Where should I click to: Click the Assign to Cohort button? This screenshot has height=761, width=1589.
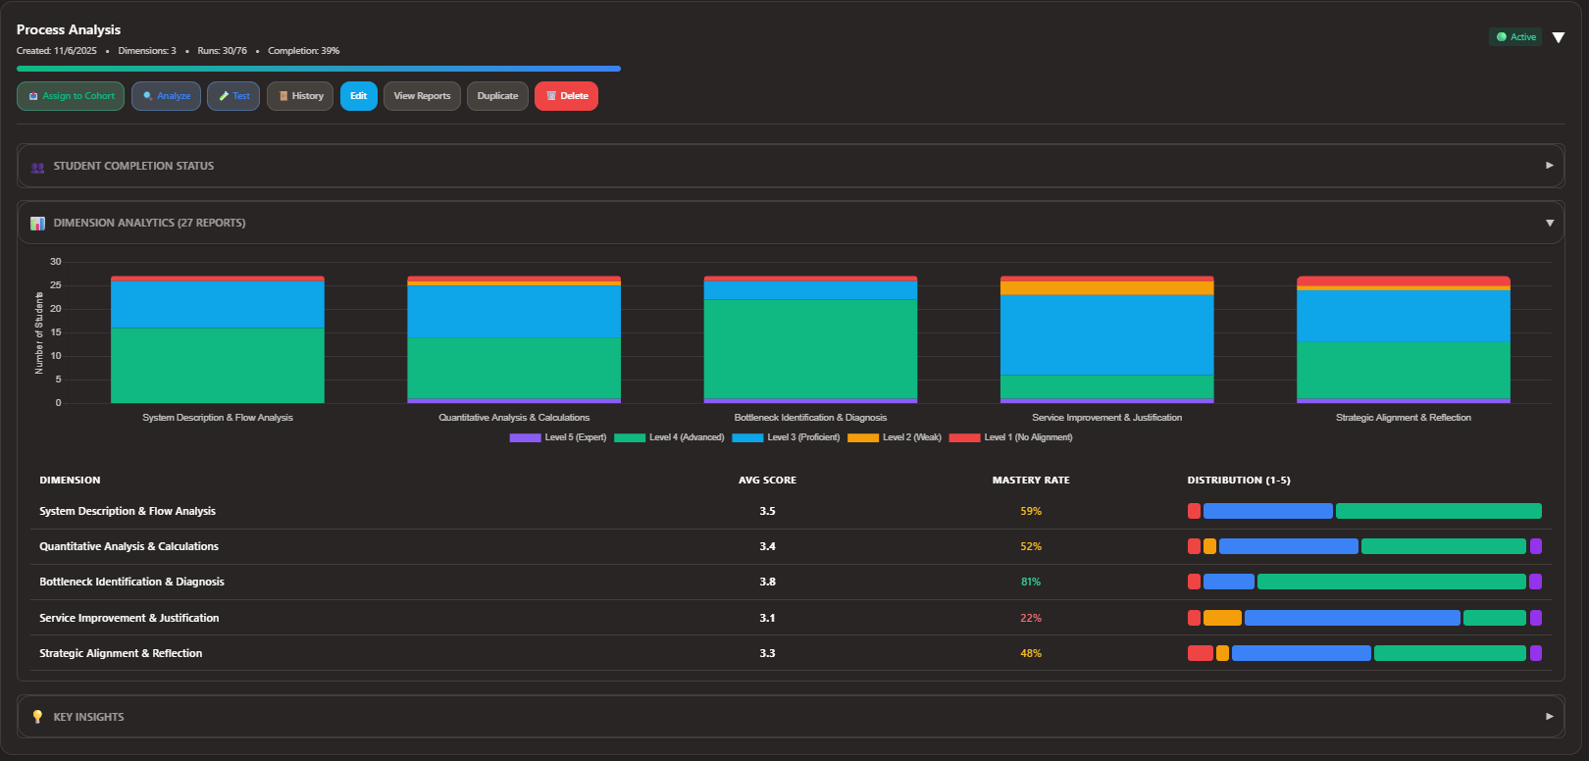71,96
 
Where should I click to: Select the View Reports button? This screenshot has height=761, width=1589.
422,96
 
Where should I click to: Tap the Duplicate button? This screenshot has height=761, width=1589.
497,96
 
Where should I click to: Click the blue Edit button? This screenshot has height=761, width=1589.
358,96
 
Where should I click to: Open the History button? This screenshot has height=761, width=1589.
300,96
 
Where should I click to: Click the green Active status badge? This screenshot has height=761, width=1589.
1515,37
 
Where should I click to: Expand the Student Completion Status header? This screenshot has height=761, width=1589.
790,166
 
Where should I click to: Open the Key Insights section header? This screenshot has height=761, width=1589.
790,717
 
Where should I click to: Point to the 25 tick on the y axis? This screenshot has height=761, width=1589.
56,285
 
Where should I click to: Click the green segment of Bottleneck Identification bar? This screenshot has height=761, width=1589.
810,348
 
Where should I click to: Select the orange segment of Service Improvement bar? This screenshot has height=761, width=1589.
1106,288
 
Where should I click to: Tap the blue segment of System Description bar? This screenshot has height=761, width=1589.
217,304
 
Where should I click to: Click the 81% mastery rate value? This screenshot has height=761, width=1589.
1030,582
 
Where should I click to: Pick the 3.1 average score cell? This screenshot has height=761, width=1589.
767,618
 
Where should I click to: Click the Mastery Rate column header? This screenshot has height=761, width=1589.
1030,481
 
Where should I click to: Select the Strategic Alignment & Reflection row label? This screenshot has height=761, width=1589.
121,653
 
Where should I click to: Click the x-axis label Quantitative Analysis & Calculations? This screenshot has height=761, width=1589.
514,418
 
